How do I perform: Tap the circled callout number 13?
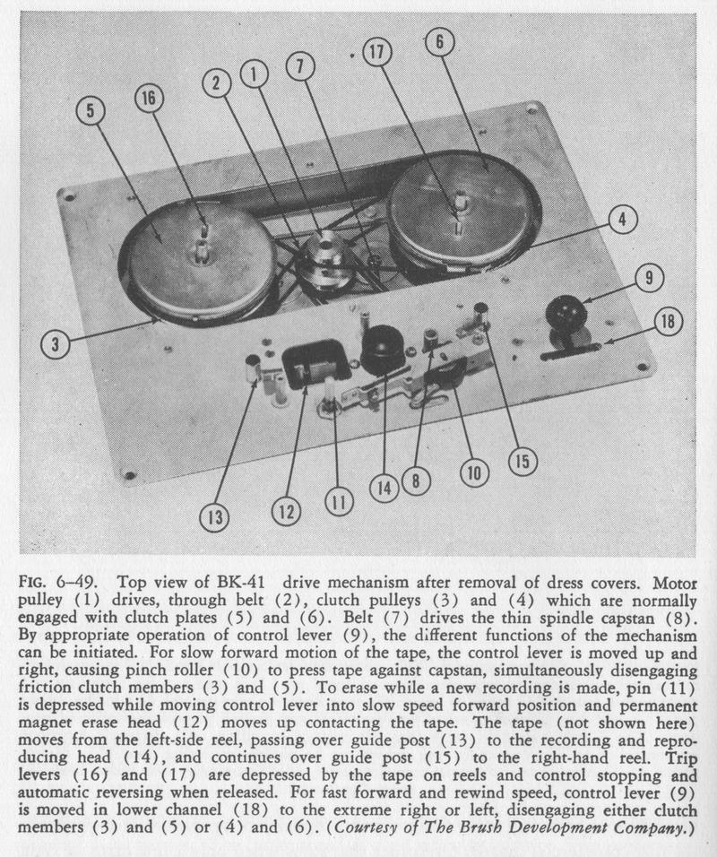coord(215,518)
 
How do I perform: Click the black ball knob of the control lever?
coord(566,314)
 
